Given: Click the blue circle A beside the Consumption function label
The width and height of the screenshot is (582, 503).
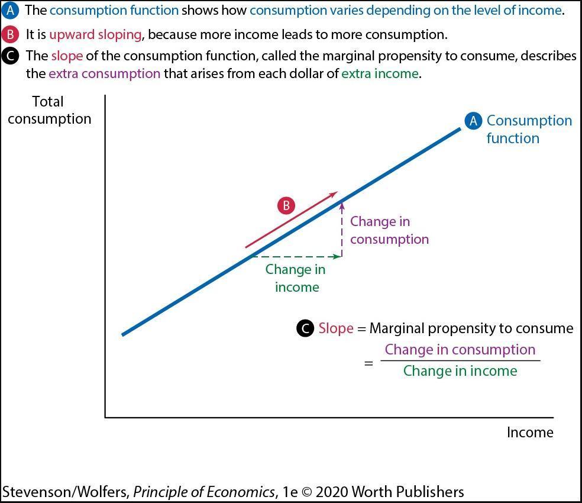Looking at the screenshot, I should tap(473, 121).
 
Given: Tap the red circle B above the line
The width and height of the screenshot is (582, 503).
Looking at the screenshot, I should tap(286, 206).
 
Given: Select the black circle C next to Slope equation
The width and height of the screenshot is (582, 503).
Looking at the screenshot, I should tap(305, 328).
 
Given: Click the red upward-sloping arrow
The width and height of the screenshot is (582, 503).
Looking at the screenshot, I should tap(291, 220).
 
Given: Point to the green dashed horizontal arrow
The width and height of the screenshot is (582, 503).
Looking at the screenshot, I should tap(296, 256).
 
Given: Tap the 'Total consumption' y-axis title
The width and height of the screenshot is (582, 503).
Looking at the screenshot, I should tap(49, 110).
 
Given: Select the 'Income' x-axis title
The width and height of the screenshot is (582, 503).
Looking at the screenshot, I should tap(530, 433).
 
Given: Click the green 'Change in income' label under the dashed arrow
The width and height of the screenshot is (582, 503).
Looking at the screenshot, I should tap(296, 278).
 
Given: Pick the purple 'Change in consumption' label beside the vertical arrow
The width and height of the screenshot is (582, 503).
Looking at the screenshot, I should tap(389, 230).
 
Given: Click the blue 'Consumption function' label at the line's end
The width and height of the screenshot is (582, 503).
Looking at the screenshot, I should tap(529, 129).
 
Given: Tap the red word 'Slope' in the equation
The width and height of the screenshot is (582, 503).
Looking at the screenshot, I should tap(336, 328).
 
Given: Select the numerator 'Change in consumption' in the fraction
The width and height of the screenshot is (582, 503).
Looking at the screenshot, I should tap(460, 350).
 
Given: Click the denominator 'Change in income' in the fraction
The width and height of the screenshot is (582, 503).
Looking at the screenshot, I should tap(460, 371).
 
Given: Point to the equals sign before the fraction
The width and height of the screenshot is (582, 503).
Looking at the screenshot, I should tap(368, 363).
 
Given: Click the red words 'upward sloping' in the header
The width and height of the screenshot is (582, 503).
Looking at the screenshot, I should tap(95, 34).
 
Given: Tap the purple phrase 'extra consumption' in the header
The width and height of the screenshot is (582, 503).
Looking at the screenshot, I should tap(104, 74).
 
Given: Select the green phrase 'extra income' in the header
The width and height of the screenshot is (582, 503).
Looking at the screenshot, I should tap(380, 74).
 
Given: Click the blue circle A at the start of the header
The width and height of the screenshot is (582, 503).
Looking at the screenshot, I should tap(10, 11).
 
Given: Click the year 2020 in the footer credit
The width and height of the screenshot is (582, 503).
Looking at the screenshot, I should tap(332, 492).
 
